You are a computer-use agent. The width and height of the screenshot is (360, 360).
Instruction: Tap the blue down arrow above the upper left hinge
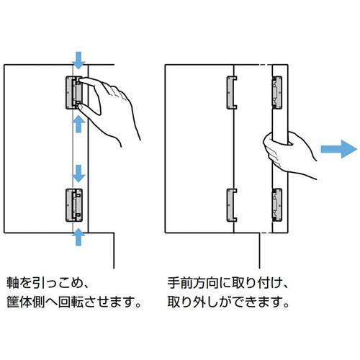point(78,59)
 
